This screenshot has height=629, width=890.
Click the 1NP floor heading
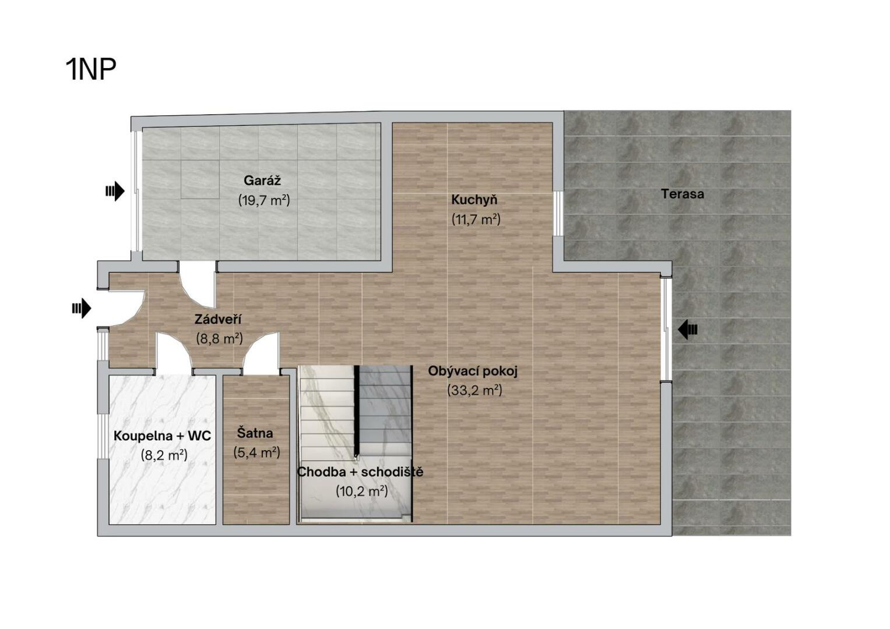91,69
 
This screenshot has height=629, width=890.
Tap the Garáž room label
262,181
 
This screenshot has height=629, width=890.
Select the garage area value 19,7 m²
264,200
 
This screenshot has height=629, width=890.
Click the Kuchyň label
474,200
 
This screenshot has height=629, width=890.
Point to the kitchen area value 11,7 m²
476,219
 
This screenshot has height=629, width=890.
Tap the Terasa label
682,194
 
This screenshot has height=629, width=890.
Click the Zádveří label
218,319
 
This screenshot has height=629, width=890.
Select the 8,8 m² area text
219,338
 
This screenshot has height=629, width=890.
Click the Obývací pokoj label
473,372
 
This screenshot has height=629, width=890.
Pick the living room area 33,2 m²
475,390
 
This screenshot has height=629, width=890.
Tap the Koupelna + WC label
162,436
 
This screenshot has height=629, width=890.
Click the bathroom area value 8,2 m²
164,455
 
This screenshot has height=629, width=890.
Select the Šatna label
255,433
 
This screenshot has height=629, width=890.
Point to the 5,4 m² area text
256,453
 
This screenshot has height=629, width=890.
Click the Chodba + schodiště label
360,472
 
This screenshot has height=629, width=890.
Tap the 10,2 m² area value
361,491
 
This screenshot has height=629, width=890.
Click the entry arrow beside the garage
115,192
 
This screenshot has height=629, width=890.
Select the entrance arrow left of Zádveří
82,308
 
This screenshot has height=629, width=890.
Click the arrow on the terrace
687,330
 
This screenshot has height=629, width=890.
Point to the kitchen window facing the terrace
558,214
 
